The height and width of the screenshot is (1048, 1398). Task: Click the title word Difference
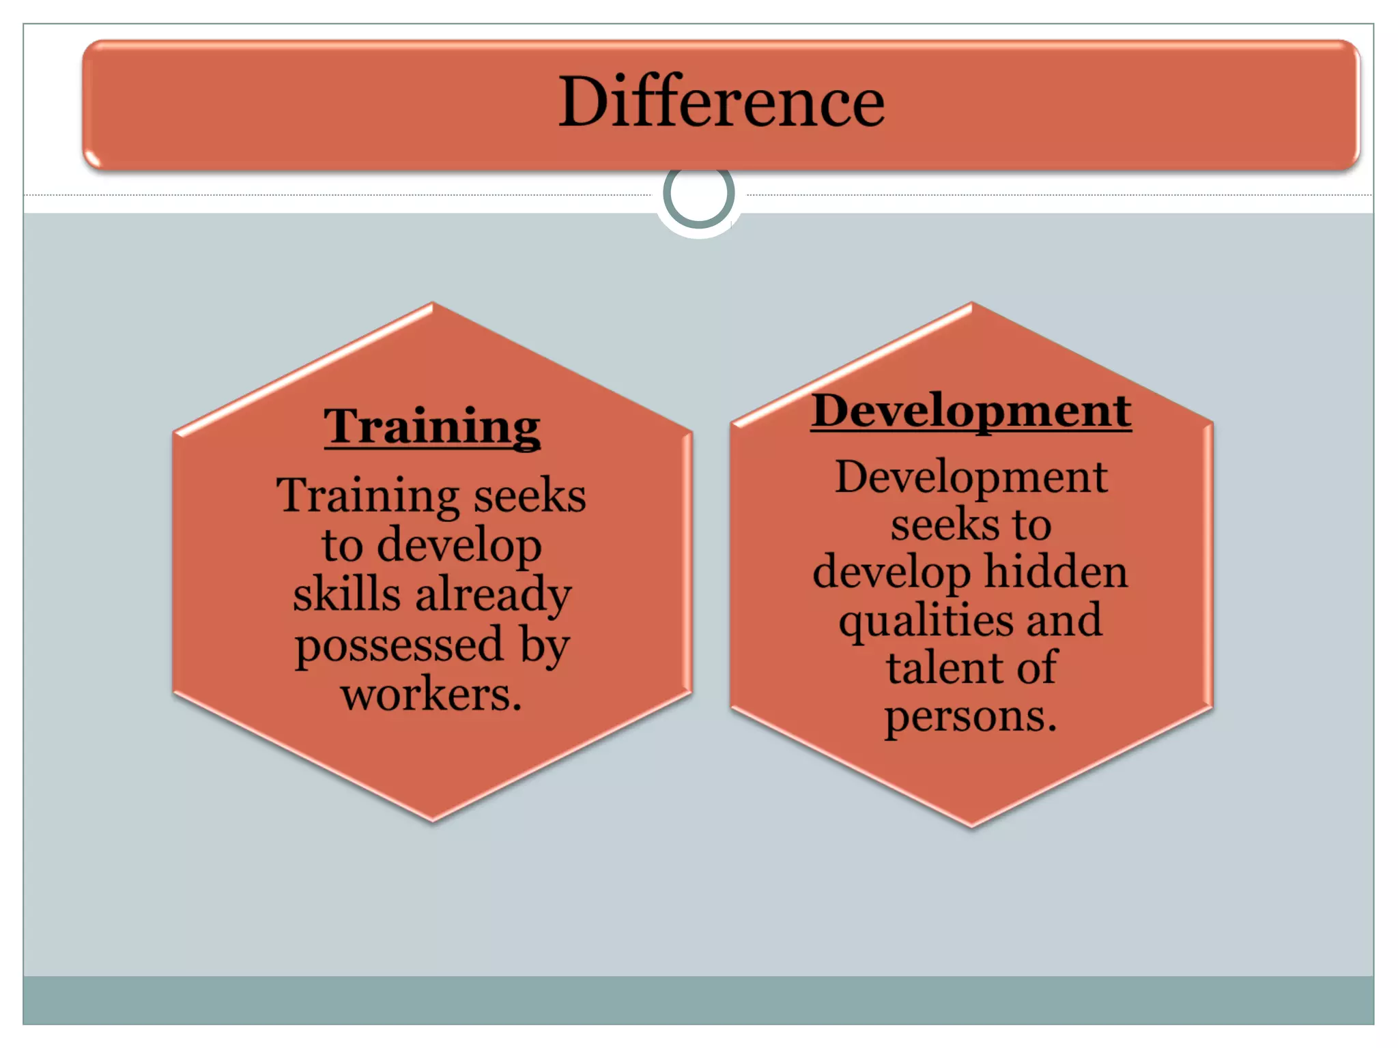pos(721,102)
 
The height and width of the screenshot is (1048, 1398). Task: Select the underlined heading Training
pos(432,426)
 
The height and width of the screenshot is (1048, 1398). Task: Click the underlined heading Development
pos(971,411)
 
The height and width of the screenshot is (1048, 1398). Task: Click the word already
pos(494,596)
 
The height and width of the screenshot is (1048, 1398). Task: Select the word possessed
pos(399,645)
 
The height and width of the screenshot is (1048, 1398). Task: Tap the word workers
pos(431,694)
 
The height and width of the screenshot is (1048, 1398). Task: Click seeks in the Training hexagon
pos(530,496)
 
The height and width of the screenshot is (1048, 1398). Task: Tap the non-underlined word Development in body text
pos(971,478)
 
